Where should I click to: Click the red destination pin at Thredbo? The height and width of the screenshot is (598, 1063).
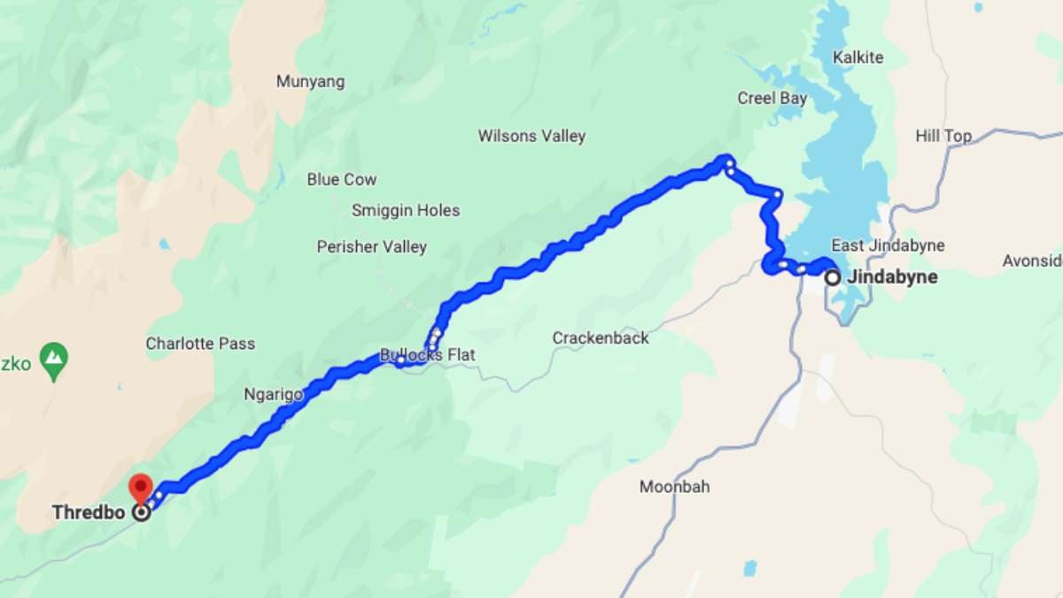[140, 486]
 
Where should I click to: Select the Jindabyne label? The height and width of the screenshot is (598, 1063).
[892, 277]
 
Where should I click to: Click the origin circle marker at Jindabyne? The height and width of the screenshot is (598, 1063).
[833, 277]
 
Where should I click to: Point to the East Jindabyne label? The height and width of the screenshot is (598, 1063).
[888, 245]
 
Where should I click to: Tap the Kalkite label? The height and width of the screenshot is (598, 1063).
[858, 58]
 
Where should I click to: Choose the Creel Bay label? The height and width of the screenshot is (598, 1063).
[772, 98]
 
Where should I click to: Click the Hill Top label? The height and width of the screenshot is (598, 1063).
[943, 136]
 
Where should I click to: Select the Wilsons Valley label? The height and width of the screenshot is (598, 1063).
[531, 136]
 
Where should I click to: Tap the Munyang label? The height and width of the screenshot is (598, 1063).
[310, 82]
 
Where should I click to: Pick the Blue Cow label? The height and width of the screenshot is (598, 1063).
[342, 179]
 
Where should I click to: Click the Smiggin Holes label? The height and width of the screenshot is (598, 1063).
[406, 210]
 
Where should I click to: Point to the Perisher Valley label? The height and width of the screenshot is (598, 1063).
[372, 247]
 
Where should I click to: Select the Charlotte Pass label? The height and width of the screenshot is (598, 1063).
[200, 343]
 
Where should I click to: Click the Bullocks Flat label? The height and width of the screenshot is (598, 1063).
[428, 355]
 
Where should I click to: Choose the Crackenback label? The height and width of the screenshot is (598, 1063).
[601, 338]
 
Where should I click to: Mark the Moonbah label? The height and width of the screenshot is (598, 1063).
[674, 486]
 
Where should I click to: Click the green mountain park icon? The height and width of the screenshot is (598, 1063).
[55, 359]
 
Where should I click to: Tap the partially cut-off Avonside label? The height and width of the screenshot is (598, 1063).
[1033, 260]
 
